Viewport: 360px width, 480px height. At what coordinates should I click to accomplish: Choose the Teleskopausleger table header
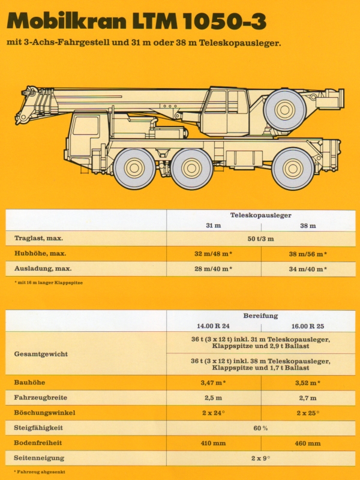coord(260,215)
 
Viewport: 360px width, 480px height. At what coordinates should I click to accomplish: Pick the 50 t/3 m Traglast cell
coord(260,239)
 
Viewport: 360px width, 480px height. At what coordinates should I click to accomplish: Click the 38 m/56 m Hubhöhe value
coord(308,254)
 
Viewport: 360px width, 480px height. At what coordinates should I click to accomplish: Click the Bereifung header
coord(260,316)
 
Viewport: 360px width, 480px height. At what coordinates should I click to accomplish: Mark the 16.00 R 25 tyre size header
coord(308,326)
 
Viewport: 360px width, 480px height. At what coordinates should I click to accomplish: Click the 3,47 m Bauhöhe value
coord(214,382)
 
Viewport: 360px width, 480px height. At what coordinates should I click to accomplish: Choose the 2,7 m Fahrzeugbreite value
coord(308,397)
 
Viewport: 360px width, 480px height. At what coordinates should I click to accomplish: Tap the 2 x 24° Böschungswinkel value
coord(214,413)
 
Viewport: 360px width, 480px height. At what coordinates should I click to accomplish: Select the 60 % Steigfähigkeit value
coord(260,428)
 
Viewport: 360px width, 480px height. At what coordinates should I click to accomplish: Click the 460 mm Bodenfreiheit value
coord(308,443)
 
